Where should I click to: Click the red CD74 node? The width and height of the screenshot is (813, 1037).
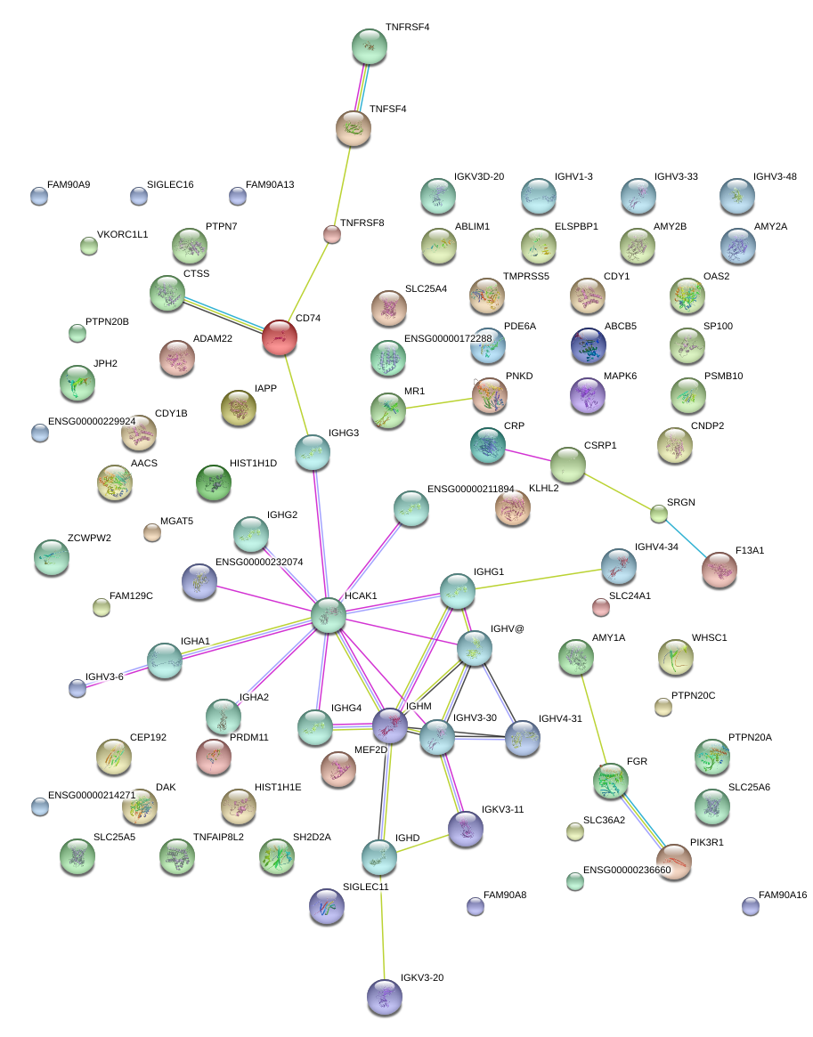[279, 337]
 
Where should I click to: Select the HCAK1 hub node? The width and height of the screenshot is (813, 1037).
[328, 615]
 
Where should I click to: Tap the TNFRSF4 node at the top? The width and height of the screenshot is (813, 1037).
[369, 46]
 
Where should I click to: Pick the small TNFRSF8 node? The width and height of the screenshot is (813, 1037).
[331, 234]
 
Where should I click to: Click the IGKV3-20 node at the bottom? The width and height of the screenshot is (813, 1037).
[384, 996]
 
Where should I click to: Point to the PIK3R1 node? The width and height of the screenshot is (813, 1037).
[673, 862]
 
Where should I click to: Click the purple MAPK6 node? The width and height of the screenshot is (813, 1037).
[587, 395]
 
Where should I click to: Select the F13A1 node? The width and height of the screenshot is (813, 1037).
[720, 570]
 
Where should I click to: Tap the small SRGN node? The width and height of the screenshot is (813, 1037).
[658, 514]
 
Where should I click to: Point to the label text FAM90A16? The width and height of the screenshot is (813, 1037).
[782, 895]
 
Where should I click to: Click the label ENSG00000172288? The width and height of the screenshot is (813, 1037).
[448, 338]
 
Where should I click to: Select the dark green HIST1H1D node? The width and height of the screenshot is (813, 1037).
[214, 482]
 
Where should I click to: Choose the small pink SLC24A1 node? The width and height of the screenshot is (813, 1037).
[601, 607]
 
